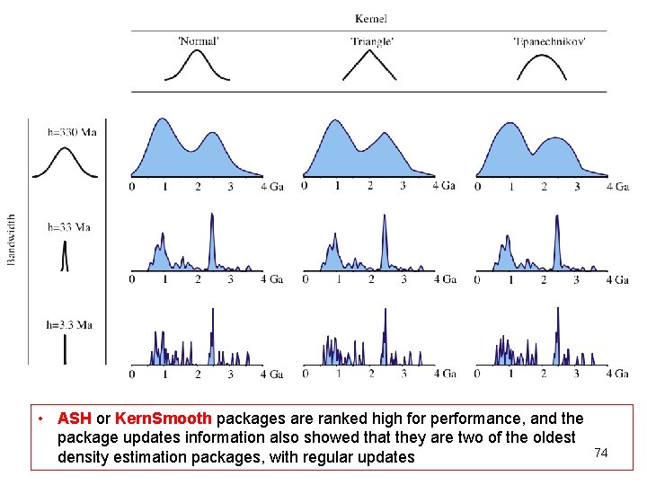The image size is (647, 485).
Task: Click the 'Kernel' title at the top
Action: (x=371, y=19)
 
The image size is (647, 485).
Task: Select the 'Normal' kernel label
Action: (x=199, y=40)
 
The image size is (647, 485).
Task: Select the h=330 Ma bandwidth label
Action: (x=72, y=132)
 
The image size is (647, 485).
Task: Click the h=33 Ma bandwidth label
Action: (x=69, y=227)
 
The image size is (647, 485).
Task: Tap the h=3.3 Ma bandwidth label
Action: (x=70, y=324)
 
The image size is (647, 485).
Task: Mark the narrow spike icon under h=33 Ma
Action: (x=65, y=258)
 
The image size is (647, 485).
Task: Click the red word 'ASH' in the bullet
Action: (x=74, y=419)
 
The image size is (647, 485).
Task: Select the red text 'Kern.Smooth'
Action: (x=164, y=419)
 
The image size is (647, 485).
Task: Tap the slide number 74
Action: (x=601, y=453)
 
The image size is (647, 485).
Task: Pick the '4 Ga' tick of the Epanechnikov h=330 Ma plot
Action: (x=617, y=187)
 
